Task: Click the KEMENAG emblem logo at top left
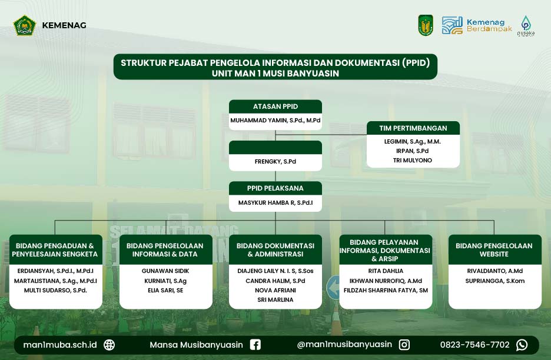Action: pyautogui.click(x=25, y=25)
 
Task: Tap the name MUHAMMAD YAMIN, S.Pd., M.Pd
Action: pyautogui.click(x=275, y=121)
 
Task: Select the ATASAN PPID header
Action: pyautogui.click(x=275, y=106)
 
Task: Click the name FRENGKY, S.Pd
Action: pyautogui.click(x=275, y=162)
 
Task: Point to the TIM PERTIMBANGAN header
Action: pyautogui.click(x=413, y=128)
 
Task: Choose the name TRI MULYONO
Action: pyautogui.click(x=413, y=160)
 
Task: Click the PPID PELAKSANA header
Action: pyautogui.click(x=275, y=188)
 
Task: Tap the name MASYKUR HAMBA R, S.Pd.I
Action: pyautogui.click(x=275, y=203)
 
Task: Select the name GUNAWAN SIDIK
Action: pyautogui.click(x=165, y=271)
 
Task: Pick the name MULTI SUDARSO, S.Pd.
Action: pyautogui.click(x=55, y=290)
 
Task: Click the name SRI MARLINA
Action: pyautogui.click(x=275, y=299)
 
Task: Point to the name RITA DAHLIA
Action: pyautogui.click(x=386, y=271)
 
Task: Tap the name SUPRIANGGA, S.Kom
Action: pyautogui.click(x=494, y=281)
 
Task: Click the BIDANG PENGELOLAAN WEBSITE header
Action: pyautogui.click(x=494, y=250)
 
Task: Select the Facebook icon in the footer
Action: pyautogui.click(x=255, y=345)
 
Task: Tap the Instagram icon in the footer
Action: pyautogui.click(x=404, y=345)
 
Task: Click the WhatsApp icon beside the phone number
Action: pyautogui.click(x=522, y=345)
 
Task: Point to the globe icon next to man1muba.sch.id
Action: pyautogui.click(x=109, y=345)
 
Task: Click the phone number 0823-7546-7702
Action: pyautogui.click(x=474, y=345)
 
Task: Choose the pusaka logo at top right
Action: pyautogui.click(x=526, y=26)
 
